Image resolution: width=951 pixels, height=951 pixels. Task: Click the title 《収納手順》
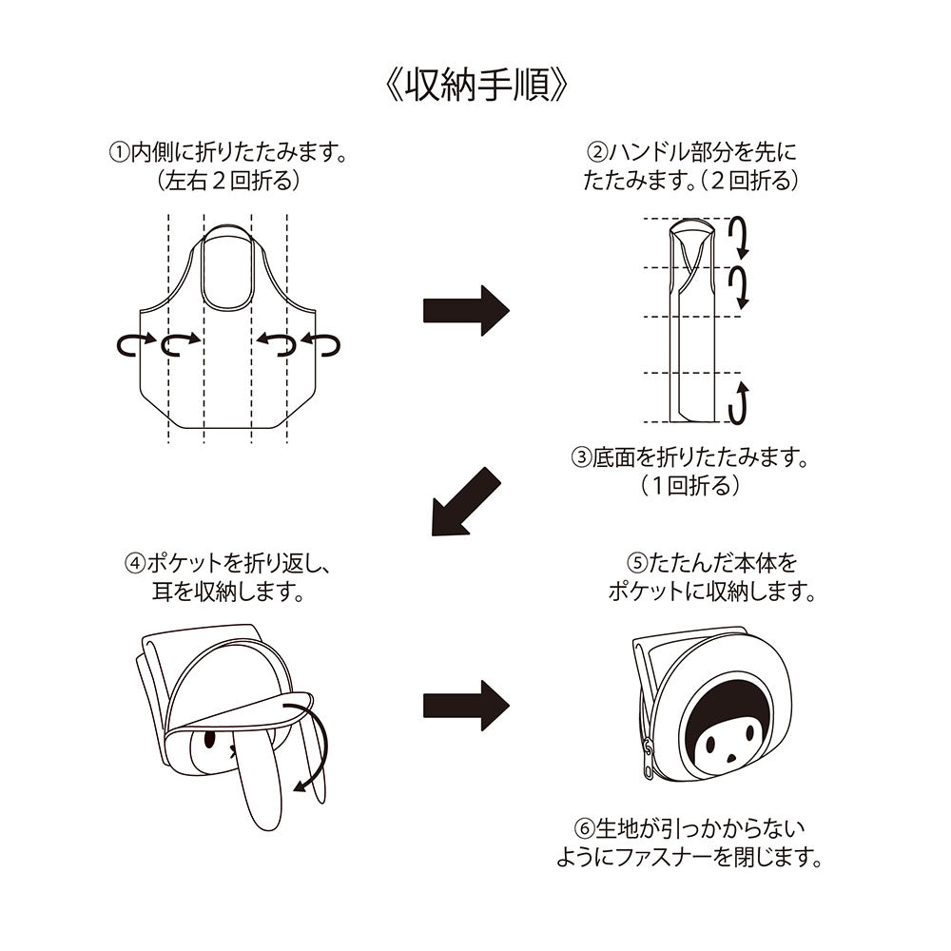click(475, 87)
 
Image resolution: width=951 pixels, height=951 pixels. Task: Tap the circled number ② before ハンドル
click(597, 152)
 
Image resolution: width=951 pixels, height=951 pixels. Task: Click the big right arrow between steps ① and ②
click(466, 309)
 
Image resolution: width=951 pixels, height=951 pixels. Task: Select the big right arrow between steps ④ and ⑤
click(466, 706)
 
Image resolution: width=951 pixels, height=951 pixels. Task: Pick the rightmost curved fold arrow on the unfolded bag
click(321, 345)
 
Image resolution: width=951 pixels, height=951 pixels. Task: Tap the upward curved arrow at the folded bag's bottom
click(741, 402)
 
